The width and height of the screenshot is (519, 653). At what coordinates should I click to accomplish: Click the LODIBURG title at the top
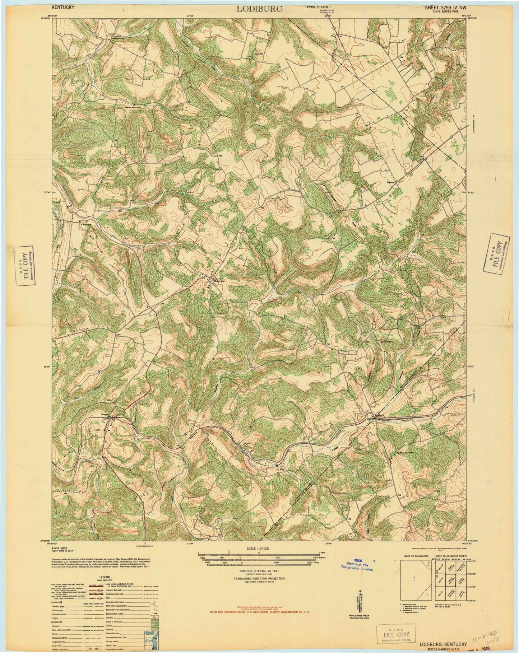(x=259, y=9)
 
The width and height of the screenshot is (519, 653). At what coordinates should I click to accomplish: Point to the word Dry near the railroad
(x=282, y=469)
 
